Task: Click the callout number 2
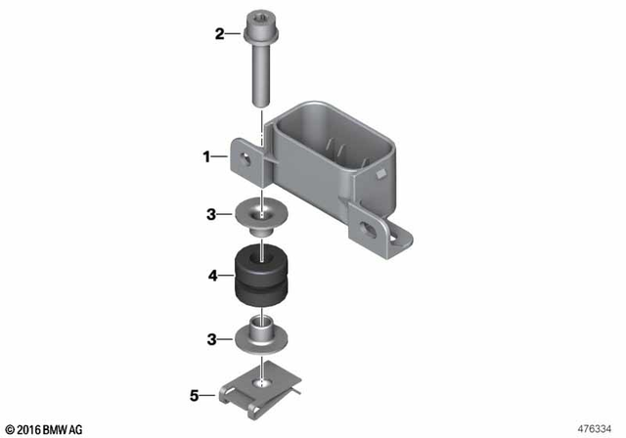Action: pyautogui.click(x=220, y=35)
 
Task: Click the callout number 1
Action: pyautogui.click(x=206, y=155)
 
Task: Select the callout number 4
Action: pyautogui.click(x=212, y=277)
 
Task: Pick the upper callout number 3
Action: pyautogui.click(x=211, y=213)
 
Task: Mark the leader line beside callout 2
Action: pyautogui.click(x=235, y=35)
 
